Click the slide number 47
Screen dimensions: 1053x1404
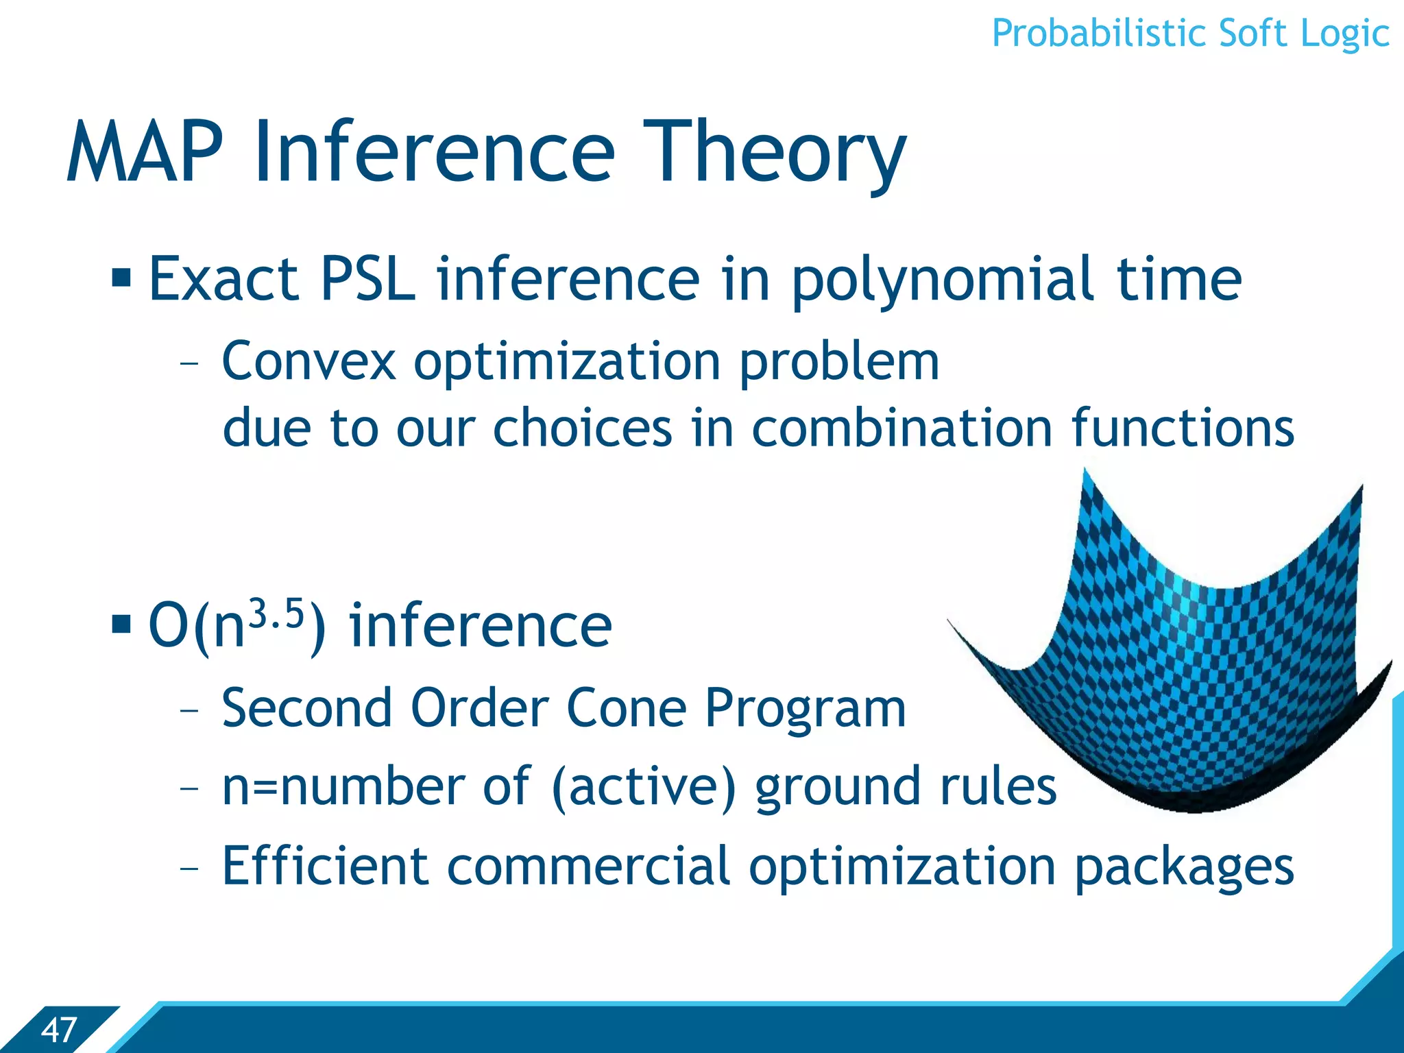click(x=58, y=1030)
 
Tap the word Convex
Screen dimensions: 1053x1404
click(x=308, y=361)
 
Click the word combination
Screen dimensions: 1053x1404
click(x=901, y=428)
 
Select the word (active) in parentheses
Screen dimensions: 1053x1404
click(x=643, y=787)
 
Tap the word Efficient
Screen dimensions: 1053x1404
click(x=326, y=866)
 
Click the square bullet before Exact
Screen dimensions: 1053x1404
click(x=121, y=278)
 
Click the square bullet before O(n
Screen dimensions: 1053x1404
click(x=121, y=625)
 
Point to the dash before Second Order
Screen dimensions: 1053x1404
click(x=189, y=710)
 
